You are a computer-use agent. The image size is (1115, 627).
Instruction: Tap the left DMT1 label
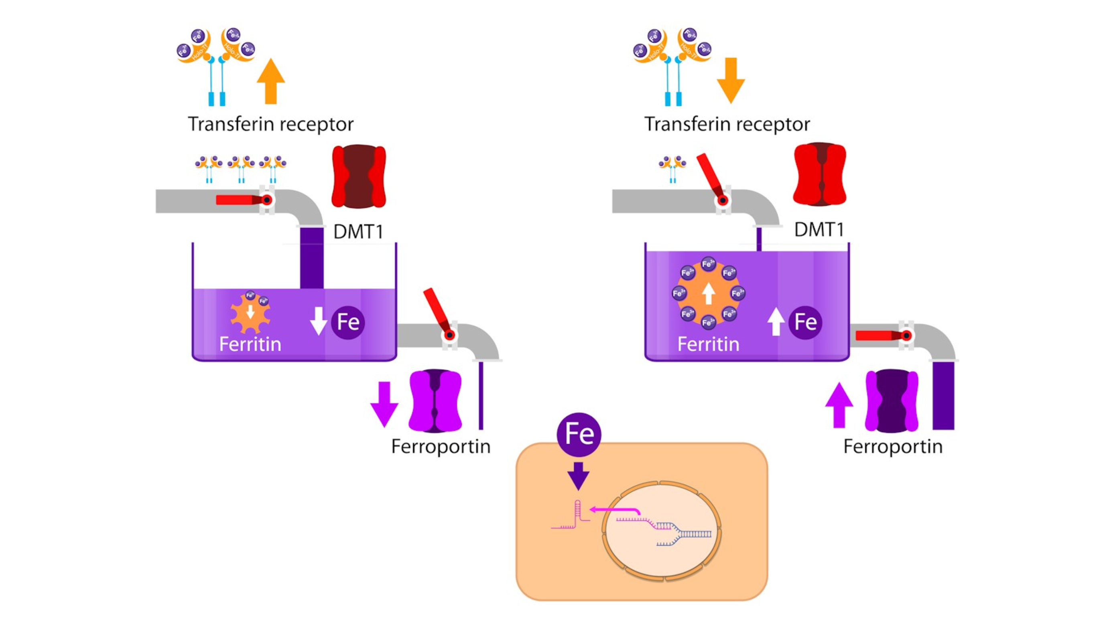tap(358, 232)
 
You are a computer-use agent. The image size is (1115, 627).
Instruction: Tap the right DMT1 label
tap(819, 230)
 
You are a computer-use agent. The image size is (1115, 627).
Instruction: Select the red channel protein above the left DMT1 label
tap(358, 176)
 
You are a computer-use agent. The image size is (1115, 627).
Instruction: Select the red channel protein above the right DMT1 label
tap(819, 174)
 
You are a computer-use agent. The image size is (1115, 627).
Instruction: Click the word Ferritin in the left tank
tap(250, 344)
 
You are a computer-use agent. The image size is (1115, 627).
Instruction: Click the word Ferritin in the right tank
tap(708, 344)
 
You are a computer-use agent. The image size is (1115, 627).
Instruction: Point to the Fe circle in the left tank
tap(347, 322)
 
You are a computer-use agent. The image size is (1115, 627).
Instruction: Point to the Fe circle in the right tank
tap(805, 322)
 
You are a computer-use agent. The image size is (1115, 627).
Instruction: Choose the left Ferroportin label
tap(441, 447)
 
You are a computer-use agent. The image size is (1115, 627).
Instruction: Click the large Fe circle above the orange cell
tap(579, 434)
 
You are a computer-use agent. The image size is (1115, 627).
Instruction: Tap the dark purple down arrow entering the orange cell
tap(578, 475)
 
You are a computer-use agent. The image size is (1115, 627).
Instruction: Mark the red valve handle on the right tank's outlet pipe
tap(879, 336)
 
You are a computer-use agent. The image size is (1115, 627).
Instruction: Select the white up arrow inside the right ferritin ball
tap(708, 293)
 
